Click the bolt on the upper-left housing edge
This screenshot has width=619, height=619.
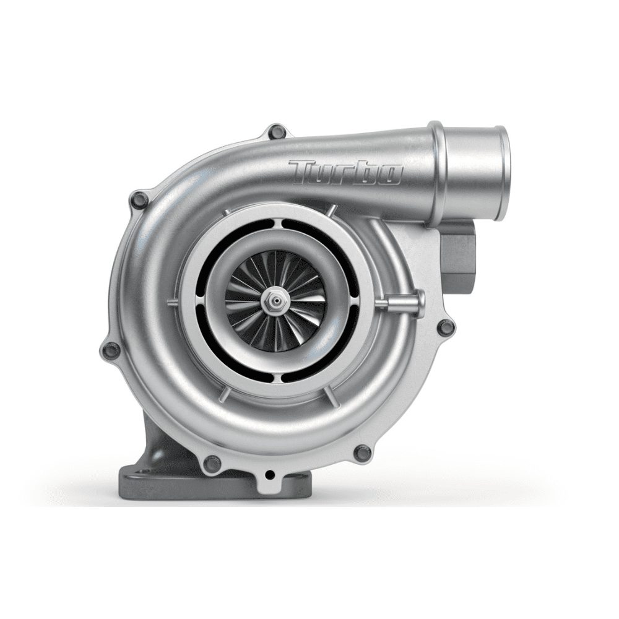141,199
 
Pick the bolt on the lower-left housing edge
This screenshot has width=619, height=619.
112,350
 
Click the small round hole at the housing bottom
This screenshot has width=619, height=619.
270,475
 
